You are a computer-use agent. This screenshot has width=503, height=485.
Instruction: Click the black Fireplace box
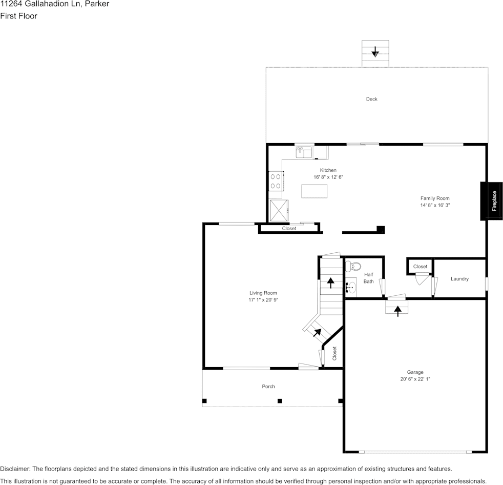pos(491,201)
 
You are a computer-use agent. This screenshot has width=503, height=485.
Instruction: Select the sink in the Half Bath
pos(351,288)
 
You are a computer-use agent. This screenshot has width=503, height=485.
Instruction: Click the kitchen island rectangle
pos(314,191)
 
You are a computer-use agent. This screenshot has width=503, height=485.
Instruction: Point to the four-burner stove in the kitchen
pos(276,181)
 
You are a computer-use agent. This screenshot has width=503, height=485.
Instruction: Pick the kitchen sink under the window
pos(304,152)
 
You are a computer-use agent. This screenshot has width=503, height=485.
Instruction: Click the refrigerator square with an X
pos(279,209)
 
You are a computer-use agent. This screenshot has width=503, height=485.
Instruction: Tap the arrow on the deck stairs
pos(375,51)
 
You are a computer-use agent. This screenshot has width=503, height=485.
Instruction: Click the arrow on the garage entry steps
pos(397,310)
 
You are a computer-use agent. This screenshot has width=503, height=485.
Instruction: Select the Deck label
pos(371,99)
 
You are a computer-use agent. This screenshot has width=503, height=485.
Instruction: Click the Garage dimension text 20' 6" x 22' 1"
pos(415,379)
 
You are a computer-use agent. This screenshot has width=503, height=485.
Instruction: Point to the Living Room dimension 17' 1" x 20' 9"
pos(263,300)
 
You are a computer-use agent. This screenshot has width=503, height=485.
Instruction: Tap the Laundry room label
pos(459,279)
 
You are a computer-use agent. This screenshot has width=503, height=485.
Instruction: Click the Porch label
pos(268,387)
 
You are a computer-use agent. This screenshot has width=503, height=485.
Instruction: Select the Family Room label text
pos(435,198)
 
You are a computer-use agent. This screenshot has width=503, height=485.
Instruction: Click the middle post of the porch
pos(280,401)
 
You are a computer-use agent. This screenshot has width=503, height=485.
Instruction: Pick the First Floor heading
pos(19,16)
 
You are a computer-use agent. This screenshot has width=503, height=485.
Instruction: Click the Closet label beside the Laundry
pos(420,267)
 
